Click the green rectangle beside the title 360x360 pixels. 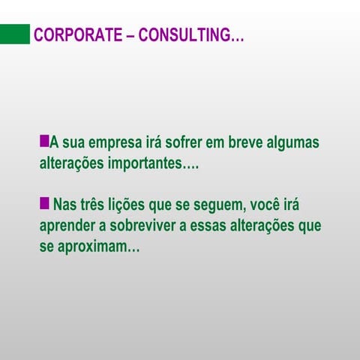14,34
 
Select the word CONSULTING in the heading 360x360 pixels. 183,35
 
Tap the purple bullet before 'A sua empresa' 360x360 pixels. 44,140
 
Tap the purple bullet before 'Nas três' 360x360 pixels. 44,202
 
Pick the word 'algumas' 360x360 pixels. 296,142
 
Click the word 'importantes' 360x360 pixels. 151,163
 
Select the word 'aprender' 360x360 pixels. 70,226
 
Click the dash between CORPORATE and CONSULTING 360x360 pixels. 125,35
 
